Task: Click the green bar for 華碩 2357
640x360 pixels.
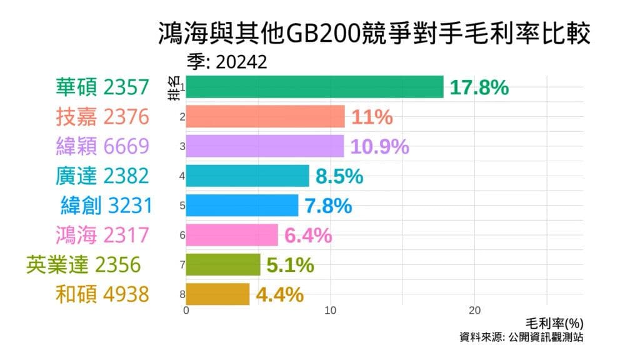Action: [314, 87]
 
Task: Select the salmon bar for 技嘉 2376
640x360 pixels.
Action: [265, 116]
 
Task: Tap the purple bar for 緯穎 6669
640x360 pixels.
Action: [264, 146]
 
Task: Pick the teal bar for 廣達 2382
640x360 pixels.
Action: [247, 176]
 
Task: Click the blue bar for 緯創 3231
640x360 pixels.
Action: [242, 205]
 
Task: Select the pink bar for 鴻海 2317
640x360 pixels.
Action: [232, 235]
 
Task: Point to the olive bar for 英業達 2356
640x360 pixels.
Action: [222, 264]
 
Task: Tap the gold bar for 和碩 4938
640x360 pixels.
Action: [217, 294]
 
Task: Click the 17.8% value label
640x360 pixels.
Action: [479, 87]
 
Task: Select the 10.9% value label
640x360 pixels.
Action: [379, 146]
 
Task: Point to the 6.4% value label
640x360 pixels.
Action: [307, 236]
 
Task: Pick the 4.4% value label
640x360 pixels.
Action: [279, 294]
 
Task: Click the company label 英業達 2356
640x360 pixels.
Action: [82, 264]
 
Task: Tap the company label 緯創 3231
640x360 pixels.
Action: [106, 205]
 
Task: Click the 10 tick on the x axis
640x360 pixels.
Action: [331, 311]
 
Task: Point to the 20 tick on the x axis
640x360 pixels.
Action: [474, 311]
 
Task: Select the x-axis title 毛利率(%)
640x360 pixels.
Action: [554, 323]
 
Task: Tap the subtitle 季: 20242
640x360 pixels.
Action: [227, 62]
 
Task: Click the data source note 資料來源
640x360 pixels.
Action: [521, 337]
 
